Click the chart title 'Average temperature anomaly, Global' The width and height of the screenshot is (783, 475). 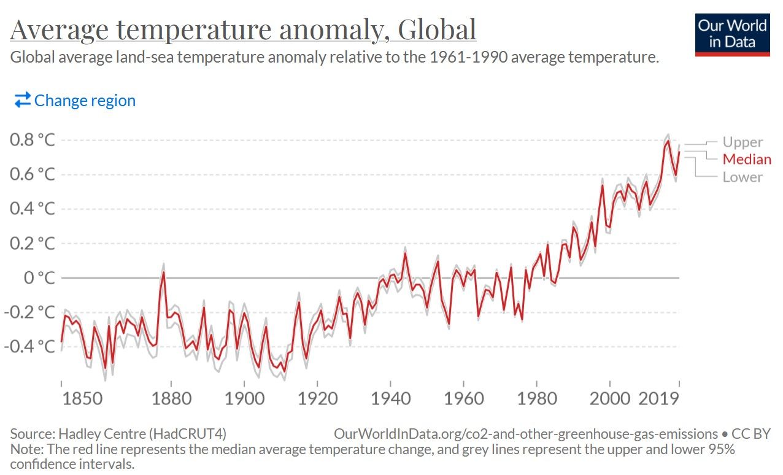pos(243,30)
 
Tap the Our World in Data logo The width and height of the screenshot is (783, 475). pos(732,34)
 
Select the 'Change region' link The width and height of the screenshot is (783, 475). pos(75,101)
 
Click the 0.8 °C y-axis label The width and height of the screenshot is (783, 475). pos(33,140)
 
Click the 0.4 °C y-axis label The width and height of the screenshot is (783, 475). pos(33,209)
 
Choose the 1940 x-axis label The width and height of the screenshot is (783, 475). pos(391,398)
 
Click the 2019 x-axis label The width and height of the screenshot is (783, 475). pos(658,398)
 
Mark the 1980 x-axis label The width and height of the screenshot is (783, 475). pos(537,398)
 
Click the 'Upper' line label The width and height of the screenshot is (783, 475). pos(742,142)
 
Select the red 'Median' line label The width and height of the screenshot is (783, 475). pos(747,160)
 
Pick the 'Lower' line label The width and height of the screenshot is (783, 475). pos(742,177)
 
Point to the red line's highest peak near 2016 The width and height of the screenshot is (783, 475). pos(668,141)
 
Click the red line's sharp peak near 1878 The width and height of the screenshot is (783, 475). pos(164,272)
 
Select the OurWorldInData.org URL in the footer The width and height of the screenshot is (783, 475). pos(525,434)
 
